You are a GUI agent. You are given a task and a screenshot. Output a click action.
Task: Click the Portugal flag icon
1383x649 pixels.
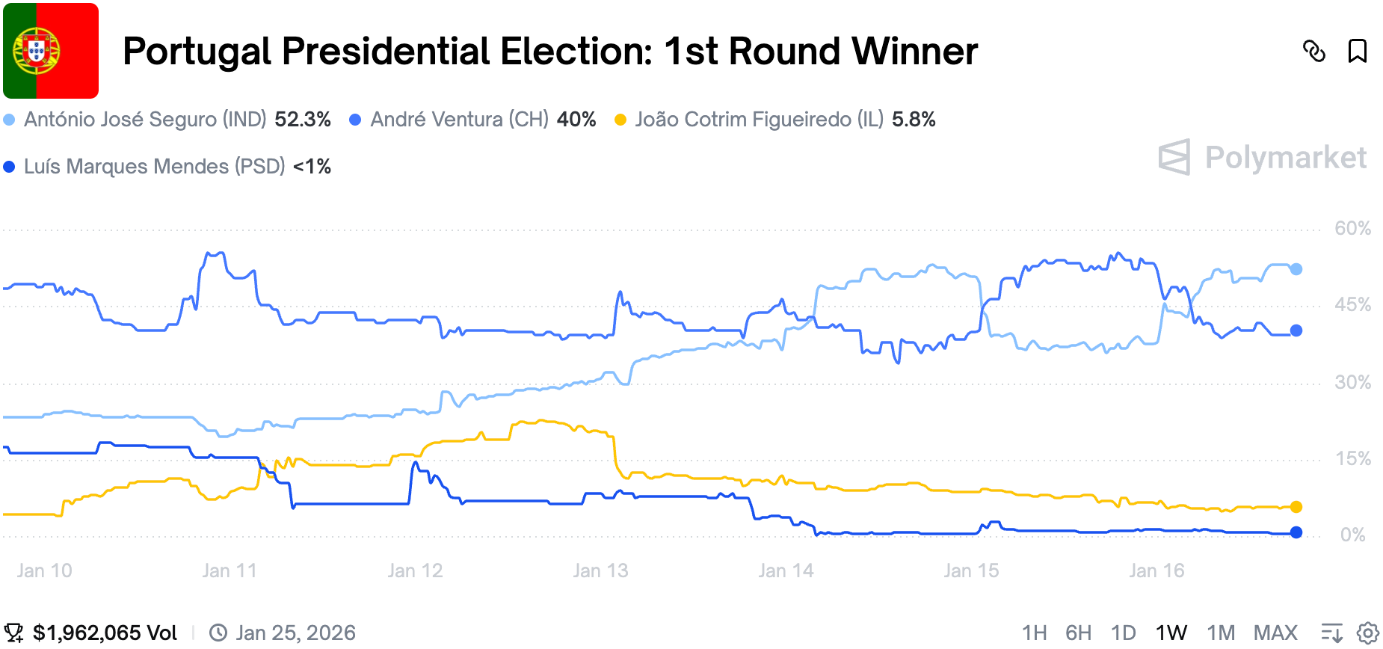(51, 51)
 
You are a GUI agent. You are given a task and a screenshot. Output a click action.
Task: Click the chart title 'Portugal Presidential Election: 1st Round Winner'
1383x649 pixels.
(549, 52)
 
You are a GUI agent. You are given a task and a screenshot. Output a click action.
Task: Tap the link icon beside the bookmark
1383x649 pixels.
(1313, 51)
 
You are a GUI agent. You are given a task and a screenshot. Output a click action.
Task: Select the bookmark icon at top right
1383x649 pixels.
(1357, 51)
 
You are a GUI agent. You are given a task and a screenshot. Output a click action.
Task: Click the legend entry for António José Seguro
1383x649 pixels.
(144, 120)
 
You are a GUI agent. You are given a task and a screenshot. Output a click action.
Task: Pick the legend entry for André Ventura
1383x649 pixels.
(459, 120)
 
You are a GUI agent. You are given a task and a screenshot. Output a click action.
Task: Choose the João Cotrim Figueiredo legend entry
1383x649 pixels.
(759, 120)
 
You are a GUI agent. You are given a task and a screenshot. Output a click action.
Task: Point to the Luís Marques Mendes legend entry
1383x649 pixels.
(154, 166)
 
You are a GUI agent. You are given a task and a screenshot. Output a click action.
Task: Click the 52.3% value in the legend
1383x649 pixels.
(303, 120)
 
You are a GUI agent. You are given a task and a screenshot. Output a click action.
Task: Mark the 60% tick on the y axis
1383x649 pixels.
(1352, 228)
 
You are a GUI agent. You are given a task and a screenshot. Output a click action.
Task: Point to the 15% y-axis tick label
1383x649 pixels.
(1352, 458)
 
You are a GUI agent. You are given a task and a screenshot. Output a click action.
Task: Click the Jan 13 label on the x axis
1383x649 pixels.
(600, 570)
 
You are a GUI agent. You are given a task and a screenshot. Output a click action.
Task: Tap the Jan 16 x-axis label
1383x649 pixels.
(1156, 570)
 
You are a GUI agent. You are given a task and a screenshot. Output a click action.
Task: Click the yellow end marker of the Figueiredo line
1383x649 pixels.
(1296, 507)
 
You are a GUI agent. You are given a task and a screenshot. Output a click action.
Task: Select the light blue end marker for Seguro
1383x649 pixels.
(1296, 269)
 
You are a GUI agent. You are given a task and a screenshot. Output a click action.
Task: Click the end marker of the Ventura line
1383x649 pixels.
(1296, 330)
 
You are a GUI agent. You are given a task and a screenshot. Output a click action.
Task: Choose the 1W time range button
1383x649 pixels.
(1171, 633)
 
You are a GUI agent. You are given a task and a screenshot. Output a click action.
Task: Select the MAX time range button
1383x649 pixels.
(1275, 633)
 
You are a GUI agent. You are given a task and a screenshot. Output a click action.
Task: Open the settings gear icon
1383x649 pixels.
(1367, 633)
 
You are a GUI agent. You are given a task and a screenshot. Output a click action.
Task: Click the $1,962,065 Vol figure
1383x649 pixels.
(105, 633)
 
